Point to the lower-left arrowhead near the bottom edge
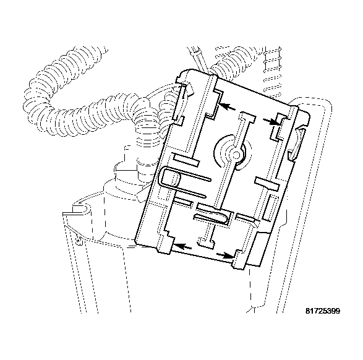pos(177,246)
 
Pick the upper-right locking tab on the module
pos(284,126)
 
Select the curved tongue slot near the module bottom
pos(213,216)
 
